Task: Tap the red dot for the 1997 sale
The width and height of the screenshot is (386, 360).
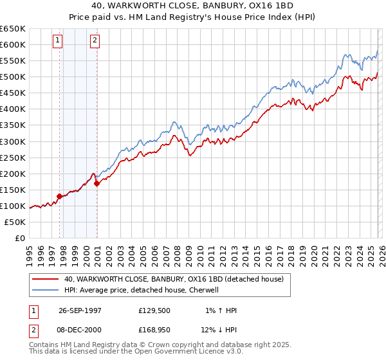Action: tap(60, 196)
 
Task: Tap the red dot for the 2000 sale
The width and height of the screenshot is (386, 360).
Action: tap(97, 183)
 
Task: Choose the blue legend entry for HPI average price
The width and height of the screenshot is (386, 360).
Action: tap(142, 290)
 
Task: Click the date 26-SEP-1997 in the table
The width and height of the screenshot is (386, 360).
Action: tap(80, 310)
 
